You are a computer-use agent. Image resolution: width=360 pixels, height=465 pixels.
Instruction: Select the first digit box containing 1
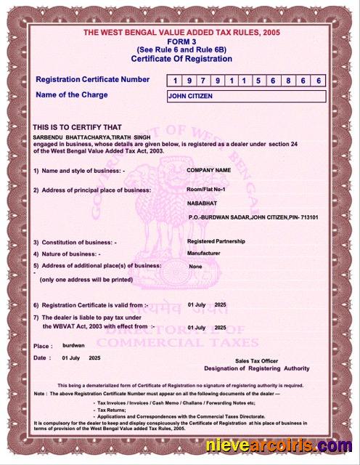tap(174, 81)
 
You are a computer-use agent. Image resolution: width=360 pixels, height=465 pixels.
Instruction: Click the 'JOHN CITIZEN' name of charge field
tap(246, 97)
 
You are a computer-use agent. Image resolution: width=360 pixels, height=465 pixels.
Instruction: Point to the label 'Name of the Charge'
tap(71, 95)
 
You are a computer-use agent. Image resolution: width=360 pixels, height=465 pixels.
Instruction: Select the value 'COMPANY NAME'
tap(208, 169)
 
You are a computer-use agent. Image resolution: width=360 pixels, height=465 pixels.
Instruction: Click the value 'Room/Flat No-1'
tap(207, 189)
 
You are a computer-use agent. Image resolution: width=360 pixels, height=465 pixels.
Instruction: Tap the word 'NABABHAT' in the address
tap(201, 203)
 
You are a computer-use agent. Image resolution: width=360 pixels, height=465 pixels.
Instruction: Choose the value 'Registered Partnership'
tap(216, 240)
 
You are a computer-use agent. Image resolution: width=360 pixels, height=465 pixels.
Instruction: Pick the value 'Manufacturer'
tap(203, 253)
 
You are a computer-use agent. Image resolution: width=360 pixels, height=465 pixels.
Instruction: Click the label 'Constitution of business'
tap(78, 242)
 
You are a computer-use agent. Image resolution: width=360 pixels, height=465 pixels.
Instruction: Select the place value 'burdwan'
tap(73, 346)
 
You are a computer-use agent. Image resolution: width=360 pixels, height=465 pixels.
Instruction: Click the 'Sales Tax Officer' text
tap(256, 361)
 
